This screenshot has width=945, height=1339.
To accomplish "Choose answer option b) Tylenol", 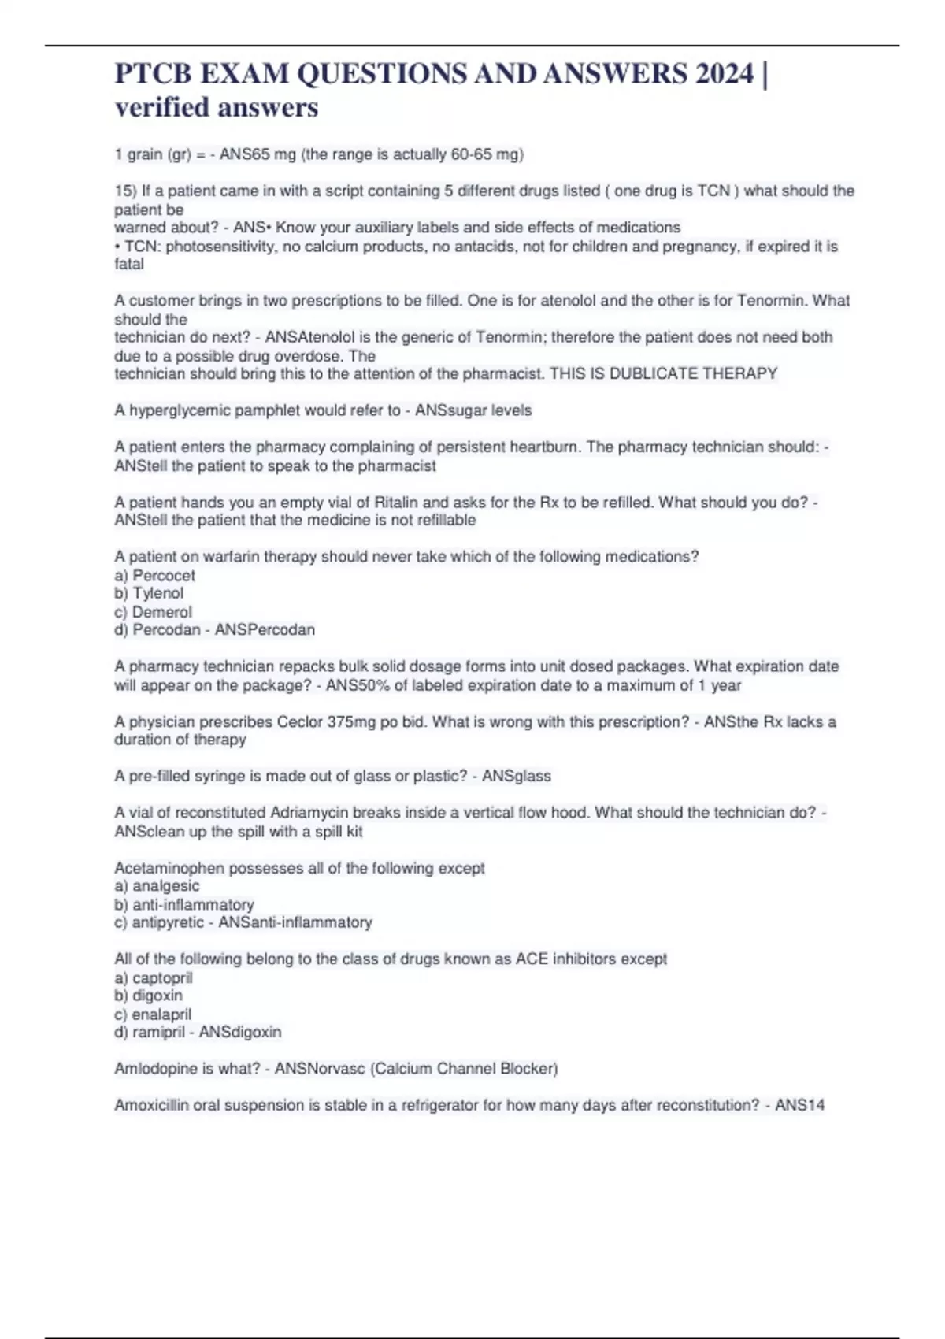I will (149, 593).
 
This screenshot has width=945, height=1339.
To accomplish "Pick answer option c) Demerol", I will (153, 612).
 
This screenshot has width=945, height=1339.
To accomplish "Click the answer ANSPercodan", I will (265, 629).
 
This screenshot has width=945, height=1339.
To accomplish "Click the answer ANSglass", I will (516, 776).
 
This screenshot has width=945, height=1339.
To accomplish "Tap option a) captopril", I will (154, 977).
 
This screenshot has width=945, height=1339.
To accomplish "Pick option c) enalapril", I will (153, 1014).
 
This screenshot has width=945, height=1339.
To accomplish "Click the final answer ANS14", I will (799, 1105).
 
